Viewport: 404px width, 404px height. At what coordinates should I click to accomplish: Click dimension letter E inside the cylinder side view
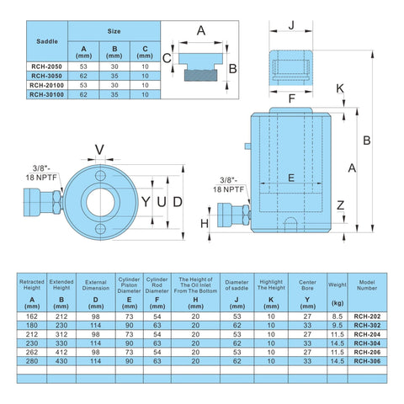290,178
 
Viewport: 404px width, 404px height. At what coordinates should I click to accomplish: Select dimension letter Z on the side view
339,205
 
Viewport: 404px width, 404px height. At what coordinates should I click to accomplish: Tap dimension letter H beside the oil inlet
204,223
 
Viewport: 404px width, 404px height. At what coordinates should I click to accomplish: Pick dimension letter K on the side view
340,88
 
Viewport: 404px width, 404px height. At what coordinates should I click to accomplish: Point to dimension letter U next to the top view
161,203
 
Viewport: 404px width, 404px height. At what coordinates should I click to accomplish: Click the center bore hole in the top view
101,203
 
